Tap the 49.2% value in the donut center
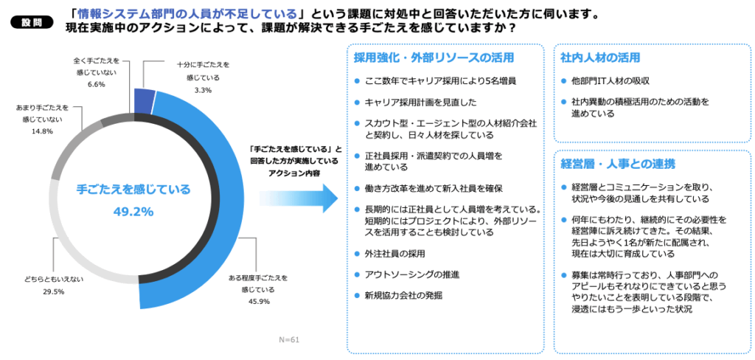click(133, 212)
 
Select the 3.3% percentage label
click(203, 90)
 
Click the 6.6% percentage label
click(97, 84)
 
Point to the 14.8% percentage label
click(42, 131)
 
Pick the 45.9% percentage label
click(259, 301)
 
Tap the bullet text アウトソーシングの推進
click(412, 274)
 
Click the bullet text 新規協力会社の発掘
click(403, 295)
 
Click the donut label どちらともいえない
click(53, 280)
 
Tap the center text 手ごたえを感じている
click(133, 190)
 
